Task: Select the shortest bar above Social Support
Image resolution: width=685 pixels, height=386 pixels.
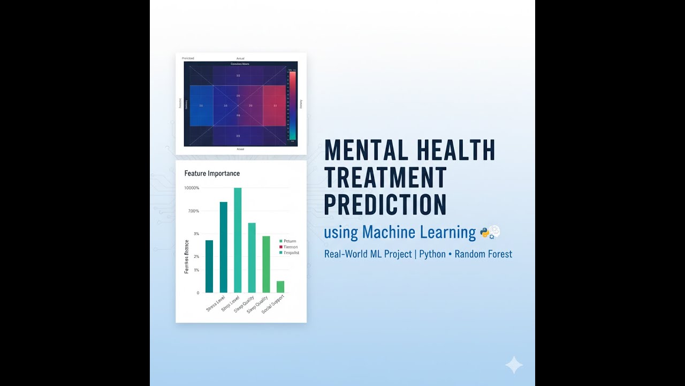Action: click(x=280, y=286)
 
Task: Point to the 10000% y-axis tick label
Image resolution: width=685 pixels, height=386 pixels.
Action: click(x=192, y=188)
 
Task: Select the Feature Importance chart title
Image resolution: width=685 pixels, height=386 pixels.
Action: click(x=212, y=174)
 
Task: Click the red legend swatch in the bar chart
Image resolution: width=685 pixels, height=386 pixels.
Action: click(x=281, y=247)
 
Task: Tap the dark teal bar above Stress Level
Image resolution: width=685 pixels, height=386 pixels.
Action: click(x=209, y=266)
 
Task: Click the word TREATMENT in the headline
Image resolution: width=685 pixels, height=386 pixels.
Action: click(x=385, y=177)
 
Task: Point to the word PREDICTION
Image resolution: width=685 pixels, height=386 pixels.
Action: click(x=385, y=204)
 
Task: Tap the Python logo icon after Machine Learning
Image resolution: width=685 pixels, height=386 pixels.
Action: click(x=485, y=233)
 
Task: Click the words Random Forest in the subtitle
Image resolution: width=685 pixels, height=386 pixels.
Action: click(x=483, y=254)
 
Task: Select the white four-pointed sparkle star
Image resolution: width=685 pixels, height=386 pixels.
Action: click(x=514, y=365)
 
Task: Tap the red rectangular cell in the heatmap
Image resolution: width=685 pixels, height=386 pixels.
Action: click(x=275, y=106)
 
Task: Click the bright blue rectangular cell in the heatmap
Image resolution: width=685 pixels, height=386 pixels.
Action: click(x=201, y=106)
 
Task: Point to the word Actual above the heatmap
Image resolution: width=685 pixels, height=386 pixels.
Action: click(x=240, y=58)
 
